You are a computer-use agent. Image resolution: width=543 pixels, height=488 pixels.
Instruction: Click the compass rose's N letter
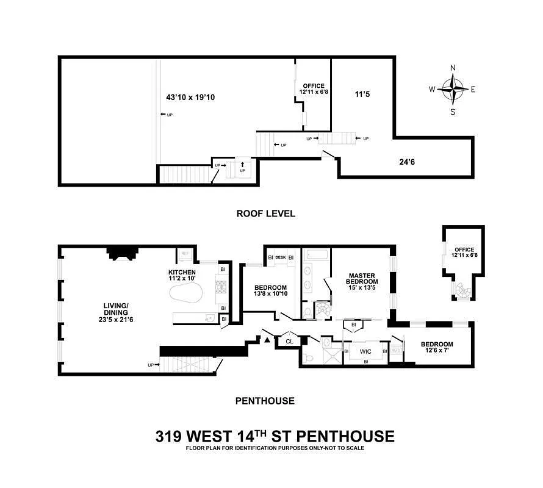click(x=453, y=68)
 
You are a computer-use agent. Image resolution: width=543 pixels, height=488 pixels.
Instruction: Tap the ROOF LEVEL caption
click(x=265, y=213)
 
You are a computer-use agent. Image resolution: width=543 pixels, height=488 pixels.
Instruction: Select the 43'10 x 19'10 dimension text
click(x=190, y=97)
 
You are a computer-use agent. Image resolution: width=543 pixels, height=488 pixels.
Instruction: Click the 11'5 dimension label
click(x=362, y=95)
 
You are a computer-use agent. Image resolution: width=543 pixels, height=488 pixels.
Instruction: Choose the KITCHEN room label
click(x=182, y=272)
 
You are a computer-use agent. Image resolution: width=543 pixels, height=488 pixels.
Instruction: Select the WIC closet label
click(x=365, y=351)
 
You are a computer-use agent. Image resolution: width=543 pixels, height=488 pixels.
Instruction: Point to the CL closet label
click(x=289, y=342)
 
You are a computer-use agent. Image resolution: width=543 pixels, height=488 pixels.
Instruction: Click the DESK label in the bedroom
click(x=281, y=257)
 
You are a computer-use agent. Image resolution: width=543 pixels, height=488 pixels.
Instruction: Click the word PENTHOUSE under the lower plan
click(x=265, y=401)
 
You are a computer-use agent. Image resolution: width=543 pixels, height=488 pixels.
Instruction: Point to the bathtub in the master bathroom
click(x=316, y=256)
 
